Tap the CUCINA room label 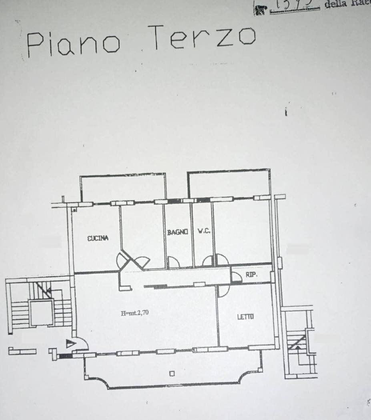98,238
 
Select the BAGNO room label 177,232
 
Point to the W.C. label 204,231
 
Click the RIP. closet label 251,275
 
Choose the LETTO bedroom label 245,317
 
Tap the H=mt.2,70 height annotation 135,313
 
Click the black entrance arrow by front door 71,343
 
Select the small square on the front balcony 172,374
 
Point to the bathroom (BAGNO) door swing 173,262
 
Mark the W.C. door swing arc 208,261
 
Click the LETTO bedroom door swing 223,291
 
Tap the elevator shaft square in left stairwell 42,311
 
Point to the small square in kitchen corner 74,209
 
